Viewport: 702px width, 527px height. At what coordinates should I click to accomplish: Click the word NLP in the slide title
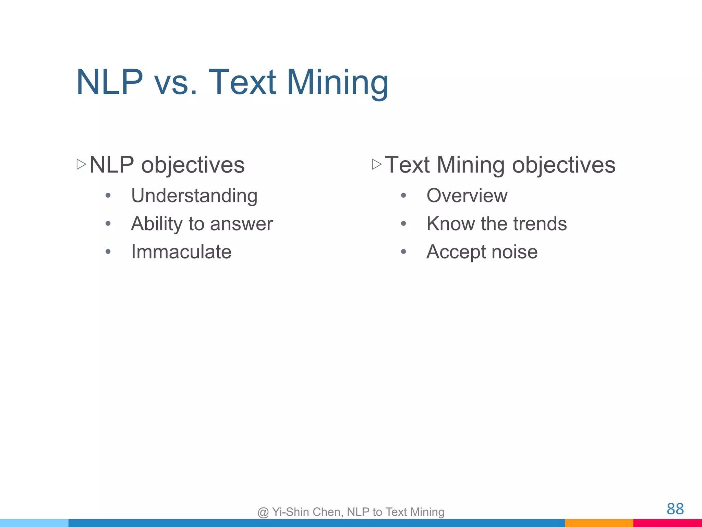tap(109, 82)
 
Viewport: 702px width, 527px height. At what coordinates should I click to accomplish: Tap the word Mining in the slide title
tap(337, 83)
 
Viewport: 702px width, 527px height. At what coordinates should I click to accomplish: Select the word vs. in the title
tap(176, 83)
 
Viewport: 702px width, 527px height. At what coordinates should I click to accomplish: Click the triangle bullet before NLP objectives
tap(81, 164)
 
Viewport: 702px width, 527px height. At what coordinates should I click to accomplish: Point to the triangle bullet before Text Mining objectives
tap(377, 164)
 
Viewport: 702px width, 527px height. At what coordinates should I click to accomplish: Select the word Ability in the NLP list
tap(157, 224)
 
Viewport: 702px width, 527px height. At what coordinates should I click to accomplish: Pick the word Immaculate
tap(181, 252)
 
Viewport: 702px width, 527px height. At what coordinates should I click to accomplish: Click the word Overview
tap(467, 196)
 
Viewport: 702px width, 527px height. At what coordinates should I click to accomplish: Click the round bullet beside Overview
tap(403, 196)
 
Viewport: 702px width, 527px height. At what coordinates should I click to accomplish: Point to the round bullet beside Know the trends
tap(403, 224)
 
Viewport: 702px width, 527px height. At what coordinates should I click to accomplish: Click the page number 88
tap(675, 509)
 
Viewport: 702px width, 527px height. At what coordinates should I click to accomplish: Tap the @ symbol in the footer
tap(263, 512)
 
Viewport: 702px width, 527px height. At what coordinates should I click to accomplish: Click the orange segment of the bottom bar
tap(599, 523)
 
